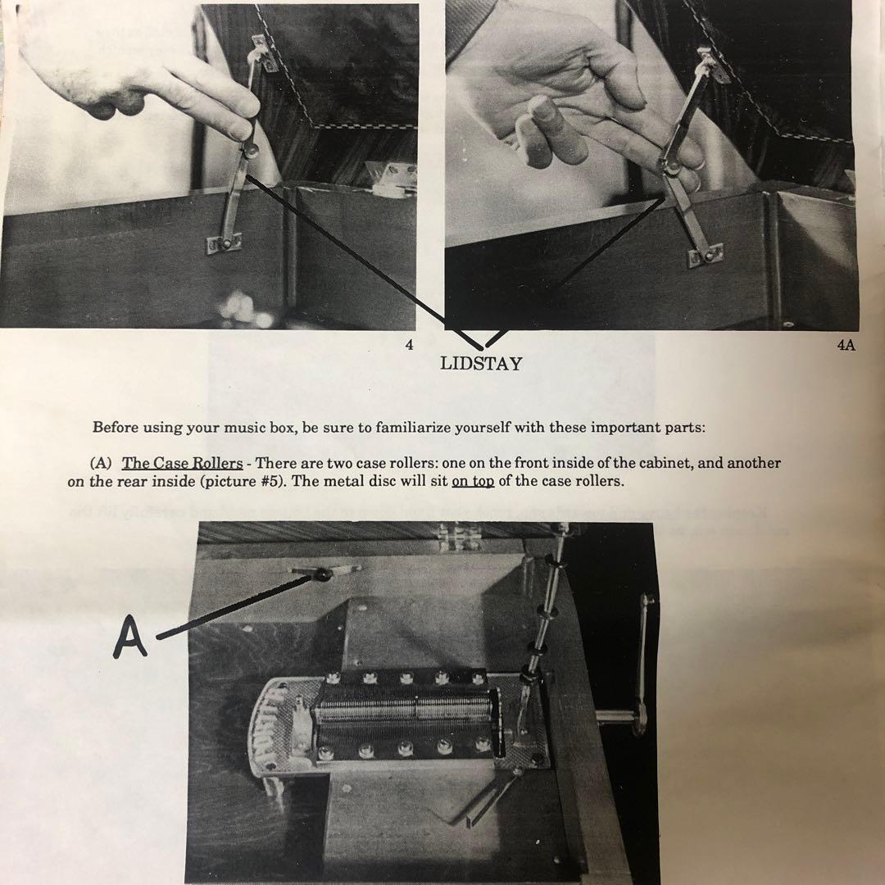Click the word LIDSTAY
(481, 363)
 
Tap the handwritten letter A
(129, 637)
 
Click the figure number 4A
(846, 346)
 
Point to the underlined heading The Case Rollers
(182, 463)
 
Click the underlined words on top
(473, 482)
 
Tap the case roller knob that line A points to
(322, 574)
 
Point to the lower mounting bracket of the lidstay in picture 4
(224, 244)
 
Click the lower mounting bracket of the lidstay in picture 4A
(706, 256)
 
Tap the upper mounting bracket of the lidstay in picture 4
(264, 53)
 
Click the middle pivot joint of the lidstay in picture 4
(250, 150)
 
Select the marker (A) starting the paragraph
(102, 463)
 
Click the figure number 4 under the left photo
(409, 345)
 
